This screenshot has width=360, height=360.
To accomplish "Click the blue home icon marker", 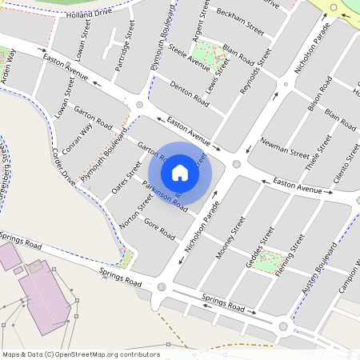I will [x=180, y=172].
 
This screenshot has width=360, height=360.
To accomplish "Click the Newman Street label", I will [x=285, y=146].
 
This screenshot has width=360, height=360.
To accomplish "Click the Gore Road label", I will [x=158, y=229].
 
